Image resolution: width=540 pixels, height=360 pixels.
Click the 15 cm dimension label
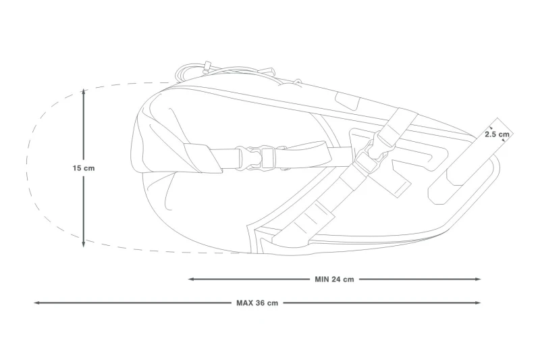83,168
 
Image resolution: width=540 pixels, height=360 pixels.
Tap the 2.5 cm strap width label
497,134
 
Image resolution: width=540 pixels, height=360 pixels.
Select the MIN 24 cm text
334,280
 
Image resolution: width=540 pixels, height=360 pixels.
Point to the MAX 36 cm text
257,303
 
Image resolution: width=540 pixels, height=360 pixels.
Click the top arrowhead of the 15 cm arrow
83,92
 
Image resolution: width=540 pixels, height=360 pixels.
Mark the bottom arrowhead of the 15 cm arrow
83,245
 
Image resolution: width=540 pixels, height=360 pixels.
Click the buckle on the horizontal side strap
256,157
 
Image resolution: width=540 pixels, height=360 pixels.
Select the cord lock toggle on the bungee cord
207,67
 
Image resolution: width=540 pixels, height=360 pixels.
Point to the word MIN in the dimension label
322,280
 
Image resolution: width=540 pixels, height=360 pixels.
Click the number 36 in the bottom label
261,303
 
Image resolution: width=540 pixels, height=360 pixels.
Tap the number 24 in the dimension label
336,280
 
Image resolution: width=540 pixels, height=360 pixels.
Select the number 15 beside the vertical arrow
76,168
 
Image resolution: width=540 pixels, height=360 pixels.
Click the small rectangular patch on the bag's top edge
347,102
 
